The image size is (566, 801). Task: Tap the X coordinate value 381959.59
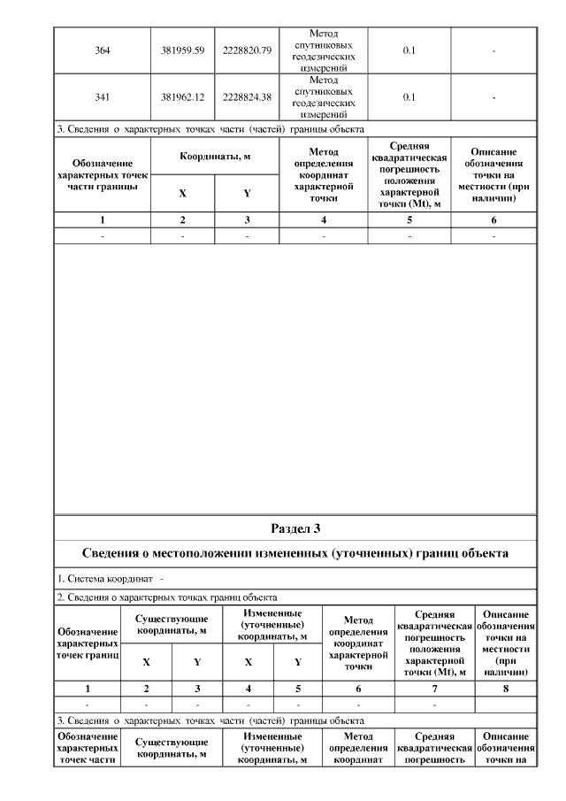pos(183,50)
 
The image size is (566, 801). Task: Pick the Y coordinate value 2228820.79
pos(247,50)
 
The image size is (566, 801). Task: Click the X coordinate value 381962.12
pos(183,96)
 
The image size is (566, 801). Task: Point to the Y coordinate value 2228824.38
pos(247,96)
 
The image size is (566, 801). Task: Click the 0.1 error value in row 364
pos(409,50)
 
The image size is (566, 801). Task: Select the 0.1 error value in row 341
pos(409,96)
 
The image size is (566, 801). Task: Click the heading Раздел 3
pos(295,528)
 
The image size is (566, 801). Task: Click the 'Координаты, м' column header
pos(215,157)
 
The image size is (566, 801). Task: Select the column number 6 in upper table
pos(493,220)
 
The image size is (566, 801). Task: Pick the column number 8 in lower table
pos(505,687)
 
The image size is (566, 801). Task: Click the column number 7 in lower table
pos(433,687)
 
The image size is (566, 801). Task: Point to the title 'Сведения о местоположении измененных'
pos(295,553)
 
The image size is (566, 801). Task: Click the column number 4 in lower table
pos(249,687)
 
